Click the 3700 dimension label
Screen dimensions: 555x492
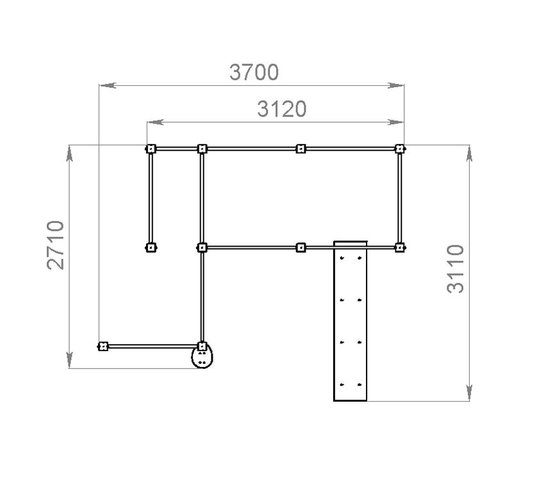click(254, 72)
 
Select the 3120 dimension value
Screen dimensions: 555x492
click(282, 109)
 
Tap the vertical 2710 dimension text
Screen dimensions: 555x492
click(56, 245)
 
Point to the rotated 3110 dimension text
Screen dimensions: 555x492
click(456, 269)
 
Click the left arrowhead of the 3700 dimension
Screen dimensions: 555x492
click(108, 85)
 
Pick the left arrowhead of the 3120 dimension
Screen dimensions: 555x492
click(155, 122)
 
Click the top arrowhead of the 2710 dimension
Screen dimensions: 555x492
click(69, 153)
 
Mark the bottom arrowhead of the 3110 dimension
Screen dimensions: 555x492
click(469, 393)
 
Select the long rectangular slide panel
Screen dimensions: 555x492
click(351, 321)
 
